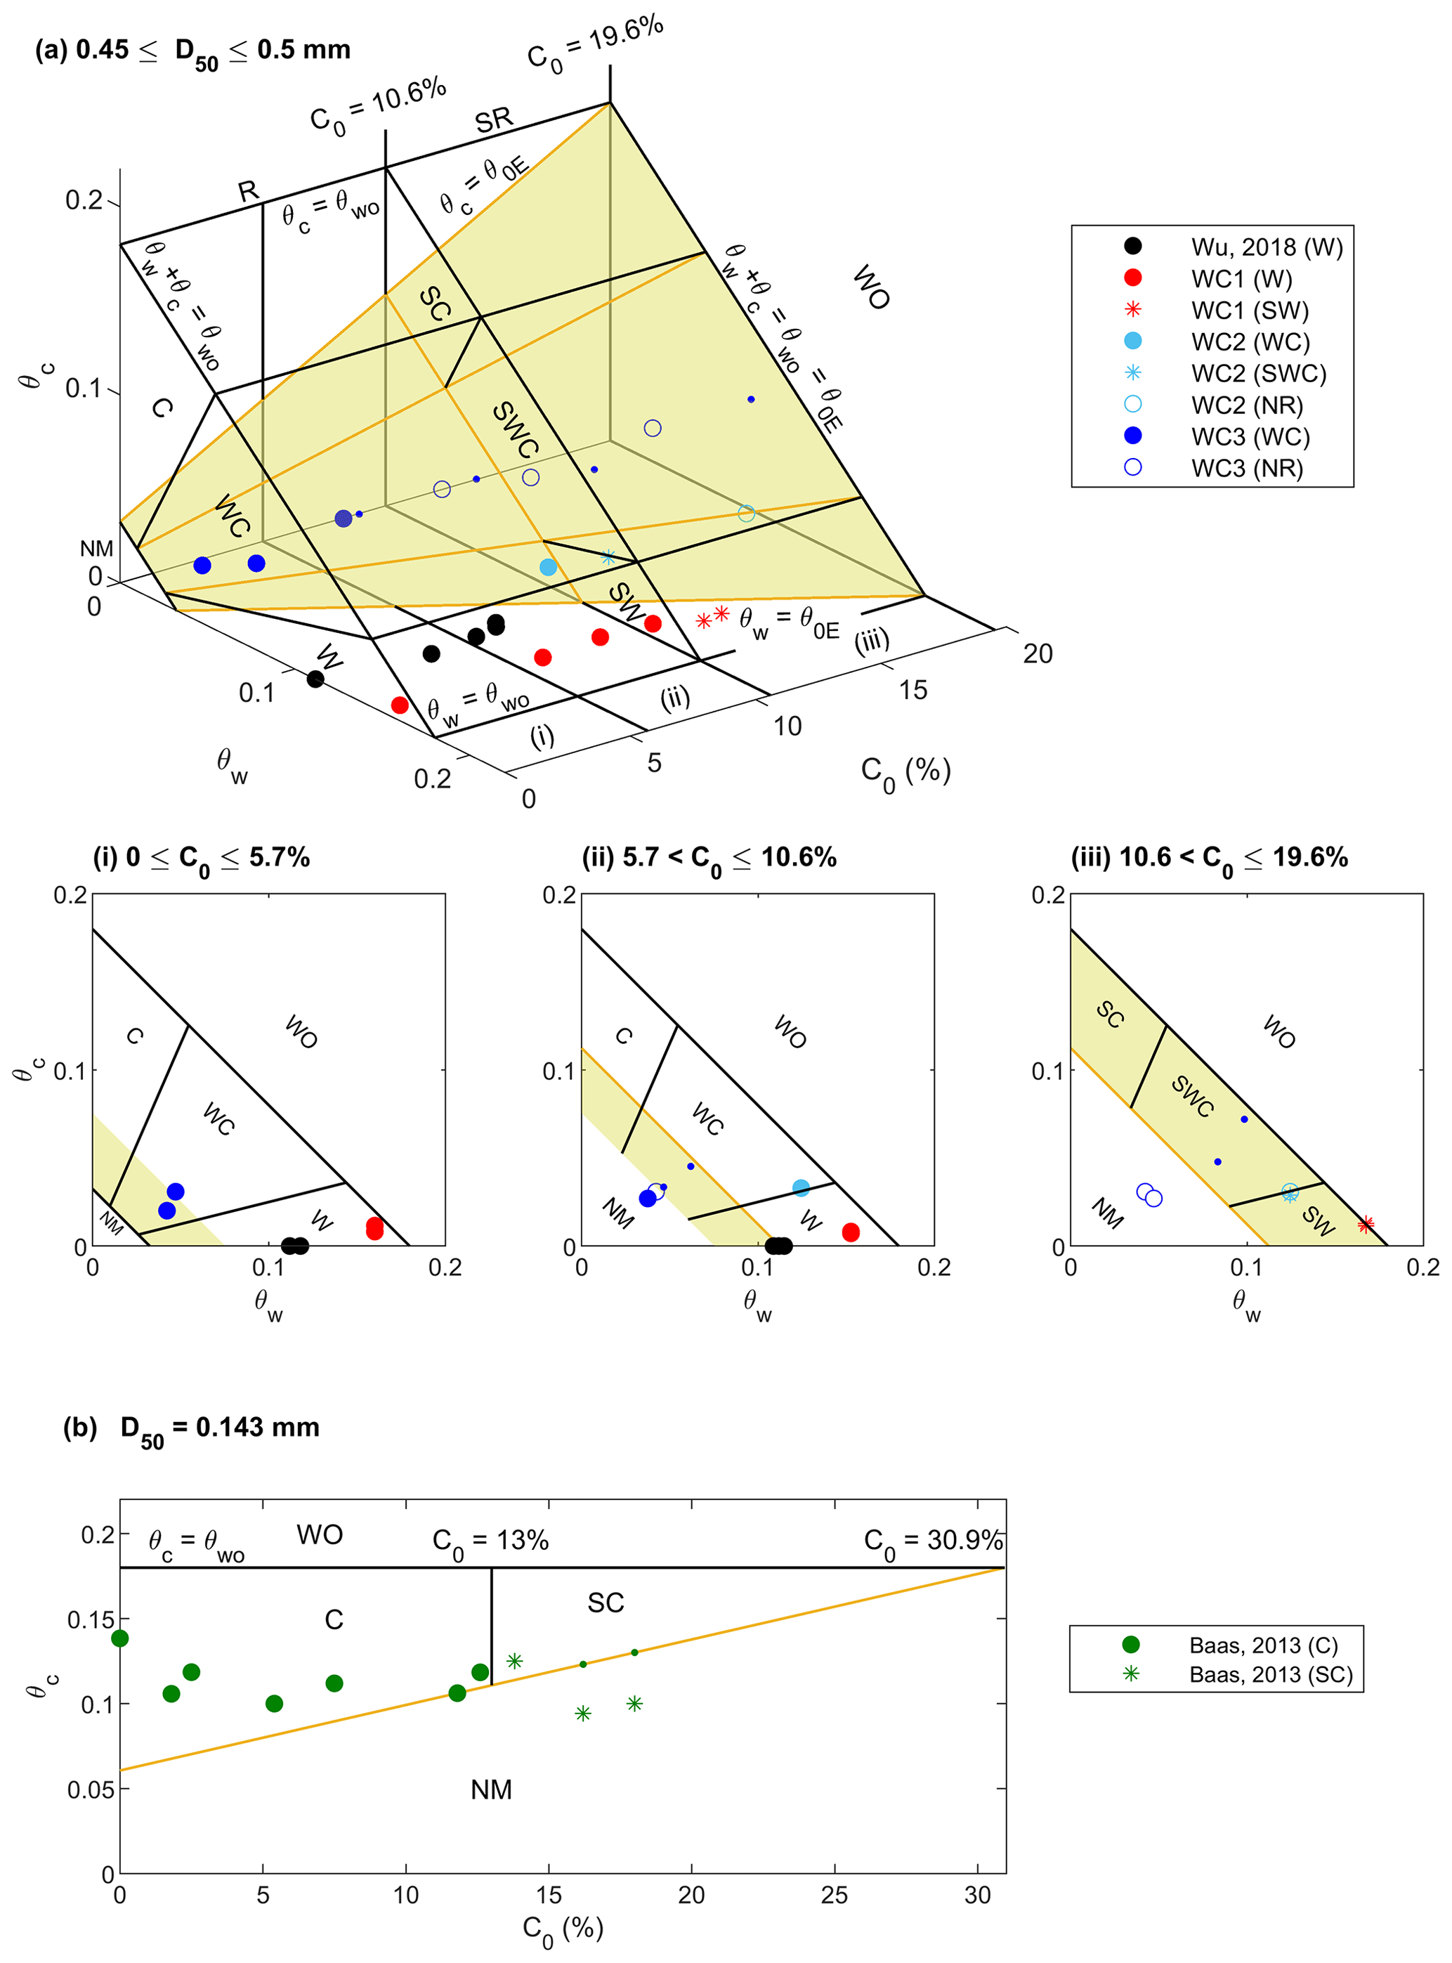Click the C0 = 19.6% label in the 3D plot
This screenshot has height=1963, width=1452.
594,44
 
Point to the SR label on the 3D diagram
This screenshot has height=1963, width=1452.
493,119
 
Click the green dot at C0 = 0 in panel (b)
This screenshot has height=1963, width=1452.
120,1638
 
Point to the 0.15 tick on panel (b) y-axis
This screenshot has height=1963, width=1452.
91,1619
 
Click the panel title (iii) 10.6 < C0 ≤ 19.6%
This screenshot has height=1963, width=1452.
1208,858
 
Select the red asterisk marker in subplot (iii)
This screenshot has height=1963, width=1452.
1365,1224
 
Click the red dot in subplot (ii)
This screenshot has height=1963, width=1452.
850,1232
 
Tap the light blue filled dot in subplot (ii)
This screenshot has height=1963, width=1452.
801,1187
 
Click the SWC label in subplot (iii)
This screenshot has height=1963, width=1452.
1193,1096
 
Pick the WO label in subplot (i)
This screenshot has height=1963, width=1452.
301,1031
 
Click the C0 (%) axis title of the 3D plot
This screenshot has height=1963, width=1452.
905,773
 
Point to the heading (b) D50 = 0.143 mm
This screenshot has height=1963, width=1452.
192,1428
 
